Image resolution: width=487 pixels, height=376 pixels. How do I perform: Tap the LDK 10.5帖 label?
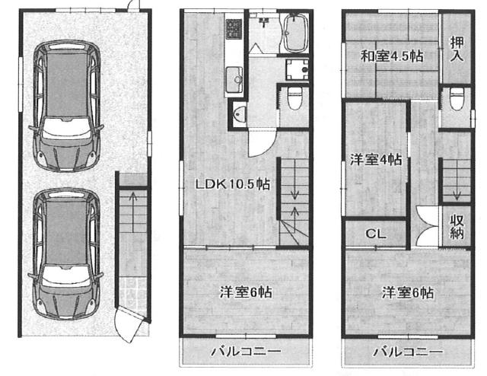tap(233, 183)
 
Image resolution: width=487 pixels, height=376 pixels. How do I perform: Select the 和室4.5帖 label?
tap(392, 55)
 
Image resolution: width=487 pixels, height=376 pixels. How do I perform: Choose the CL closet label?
tap(375, 234)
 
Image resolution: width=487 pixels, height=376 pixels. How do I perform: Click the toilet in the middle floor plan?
tap(294, 98)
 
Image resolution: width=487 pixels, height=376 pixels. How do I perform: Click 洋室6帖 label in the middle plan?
tap(247, 292)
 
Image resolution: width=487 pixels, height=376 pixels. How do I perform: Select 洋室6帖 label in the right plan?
tap(408, 292)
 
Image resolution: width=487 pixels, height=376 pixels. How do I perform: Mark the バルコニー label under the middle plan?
tap(246, 352)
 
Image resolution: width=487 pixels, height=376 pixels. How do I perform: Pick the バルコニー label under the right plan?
tap(408, 352)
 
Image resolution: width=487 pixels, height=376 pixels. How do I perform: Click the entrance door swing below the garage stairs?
tap(125, 323)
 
